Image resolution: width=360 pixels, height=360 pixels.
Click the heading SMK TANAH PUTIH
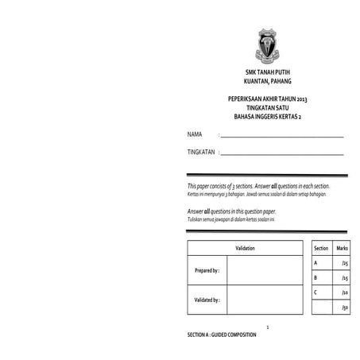coord(264,72)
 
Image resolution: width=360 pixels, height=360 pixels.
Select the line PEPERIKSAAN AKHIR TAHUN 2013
coord(264,99)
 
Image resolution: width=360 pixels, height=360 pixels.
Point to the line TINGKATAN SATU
coord(264,108)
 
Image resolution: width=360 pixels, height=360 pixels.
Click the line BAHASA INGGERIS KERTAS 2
coord(264,117)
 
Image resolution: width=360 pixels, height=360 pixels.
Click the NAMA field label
coord(194,134)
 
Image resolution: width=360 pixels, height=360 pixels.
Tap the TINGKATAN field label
coord(201,151)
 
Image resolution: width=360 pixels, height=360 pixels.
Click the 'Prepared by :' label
coord(207,271)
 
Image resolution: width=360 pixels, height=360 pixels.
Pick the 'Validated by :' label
coord(207,300)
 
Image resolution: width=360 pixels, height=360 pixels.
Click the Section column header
coord(321,249)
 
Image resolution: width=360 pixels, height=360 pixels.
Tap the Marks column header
coord(343,249)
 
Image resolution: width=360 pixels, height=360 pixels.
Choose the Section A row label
coord(315,262)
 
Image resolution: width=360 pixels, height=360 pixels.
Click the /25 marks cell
coord(343,263)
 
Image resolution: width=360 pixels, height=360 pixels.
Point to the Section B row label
coord(315,277)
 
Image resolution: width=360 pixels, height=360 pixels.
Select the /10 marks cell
coord(343,292)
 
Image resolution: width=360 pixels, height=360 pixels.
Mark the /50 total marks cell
coord(343,308)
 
